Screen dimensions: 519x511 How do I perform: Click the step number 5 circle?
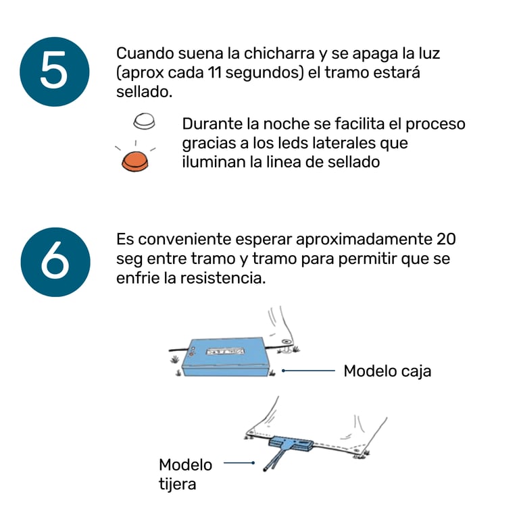point(55,72)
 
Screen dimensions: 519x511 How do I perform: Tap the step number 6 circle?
point(55,262)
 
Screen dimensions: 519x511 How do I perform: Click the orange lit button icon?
point(134,161)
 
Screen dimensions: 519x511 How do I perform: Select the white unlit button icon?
point(144,121)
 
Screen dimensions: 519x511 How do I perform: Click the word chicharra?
point(279,53)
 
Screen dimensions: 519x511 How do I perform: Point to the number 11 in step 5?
point(215,72)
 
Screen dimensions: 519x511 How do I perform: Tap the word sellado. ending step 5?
point(145,92)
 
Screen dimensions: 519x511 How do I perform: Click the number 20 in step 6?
point(446,239)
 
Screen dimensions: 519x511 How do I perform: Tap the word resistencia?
point(223,277)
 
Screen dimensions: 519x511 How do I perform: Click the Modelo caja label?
point(387,371)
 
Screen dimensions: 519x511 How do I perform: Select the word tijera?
point(178,484)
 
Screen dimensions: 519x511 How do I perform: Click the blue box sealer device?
point(226,357)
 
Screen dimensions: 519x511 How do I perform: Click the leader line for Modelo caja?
point(308,371)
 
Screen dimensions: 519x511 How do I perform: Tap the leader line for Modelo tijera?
point(239,463)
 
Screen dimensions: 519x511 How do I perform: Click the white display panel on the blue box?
point(226,351)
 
